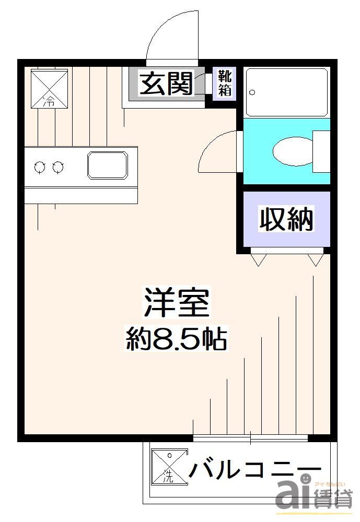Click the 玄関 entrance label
[166, 83]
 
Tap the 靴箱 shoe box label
[225, 83]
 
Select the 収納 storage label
[286, 219]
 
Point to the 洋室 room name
[177, 303]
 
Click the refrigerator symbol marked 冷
[50, 87]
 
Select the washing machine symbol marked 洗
[169, 467]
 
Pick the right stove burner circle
[58, 167]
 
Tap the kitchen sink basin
[107, 165]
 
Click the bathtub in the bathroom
[286, 92]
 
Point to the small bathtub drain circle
[252, 93]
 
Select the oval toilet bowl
[293, 151]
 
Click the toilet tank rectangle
[321, 151]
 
